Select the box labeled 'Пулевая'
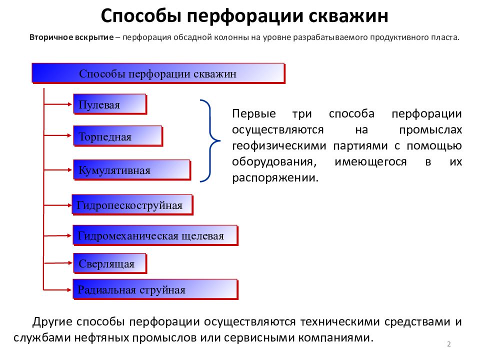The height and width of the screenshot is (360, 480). (109, 105)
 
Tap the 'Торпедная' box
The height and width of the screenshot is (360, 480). (117, 136)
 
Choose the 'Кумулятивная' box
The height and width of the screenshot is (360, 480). (131, 170)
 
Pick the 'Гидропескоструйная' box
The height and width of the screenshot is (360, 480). (132, 205)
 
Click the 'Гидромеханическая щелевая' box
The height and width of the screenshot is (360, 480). (155, 235)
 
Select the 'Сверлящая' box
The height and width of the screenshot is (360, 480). (110, 263)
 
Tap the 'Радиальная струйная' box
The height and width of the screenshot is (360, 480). (155, 289)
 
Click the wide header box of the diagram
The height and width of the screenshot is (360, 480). (158, 73)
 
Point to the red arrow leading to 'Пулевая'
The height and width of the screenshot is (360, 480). (58, 104)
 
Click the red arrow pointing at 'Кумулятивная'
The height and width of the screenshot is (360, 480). (58, 170)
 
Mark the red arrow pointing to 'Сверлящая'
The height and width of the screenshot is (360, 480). (58, 263)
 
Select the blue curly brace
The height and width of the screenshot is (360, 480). (209, 140)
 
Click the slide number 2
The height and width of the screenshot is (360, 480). (449, 344)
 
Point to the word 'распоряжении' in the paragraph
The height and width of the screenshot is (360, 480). (274, 178)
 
